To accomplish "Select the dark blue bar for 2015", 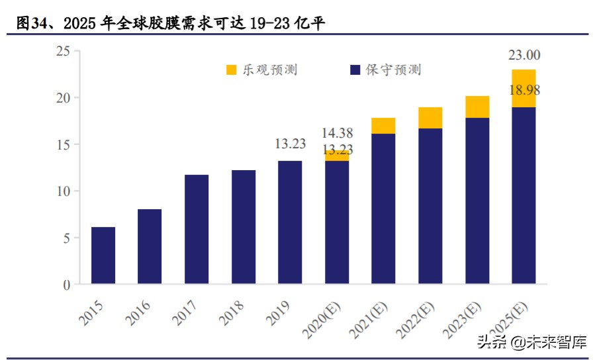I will click(x=103, y=255).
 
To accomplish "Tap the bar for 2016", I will click(x=150, y=246).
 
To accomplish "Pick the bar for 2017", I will click(x=197, y=229).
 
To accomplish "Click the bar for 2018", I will click(x=243, y=227).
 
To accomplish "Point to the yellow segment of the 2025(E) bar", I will click(x=524, y=88).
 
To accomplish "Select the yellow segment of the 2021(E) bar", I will click(x=383, y=126).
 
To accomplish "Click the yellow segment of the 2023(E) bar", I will click(x=477, y=107).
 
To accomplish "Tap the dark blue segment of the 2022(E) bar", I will click(x=430, y=206).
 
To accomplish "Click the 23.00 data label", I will click(x=524, y=56).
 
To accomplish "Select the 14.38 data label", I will click(x=338, y=133).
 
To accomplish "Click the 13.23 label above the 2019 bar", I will click(x=291, y=144).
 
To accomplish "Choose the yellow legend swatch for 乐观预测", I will click(x=232, y=70).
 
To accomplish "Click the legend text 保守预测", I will click(x=393, y=70).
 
